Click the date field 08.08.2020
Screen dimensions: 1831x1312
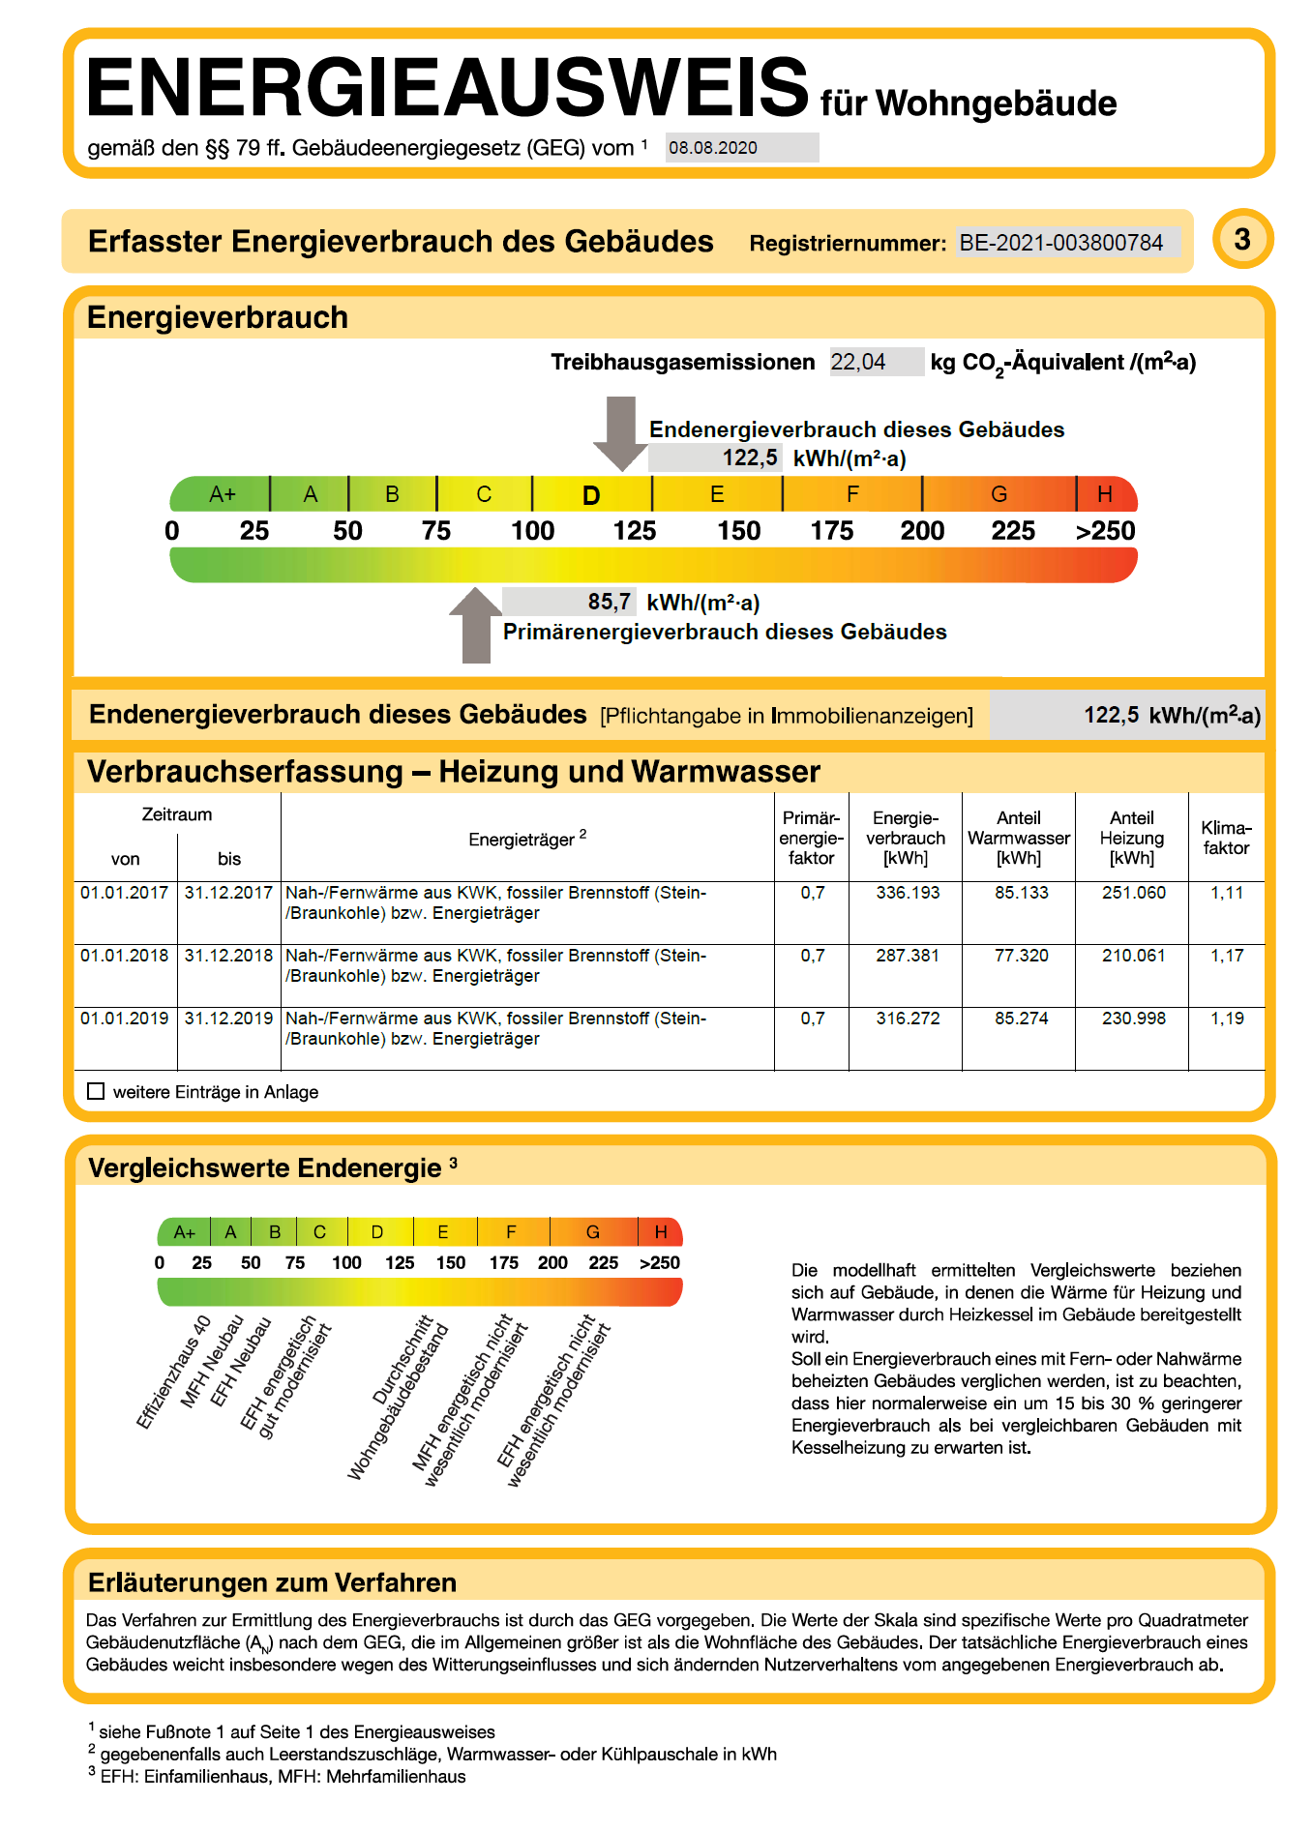(740, 148)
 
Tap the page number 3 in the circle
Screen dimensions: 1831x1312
(1242, 239)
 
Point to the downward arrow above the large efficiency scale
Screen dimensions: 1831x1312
(621, 431)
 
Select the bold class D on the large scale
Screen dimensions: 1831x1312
(591, 495)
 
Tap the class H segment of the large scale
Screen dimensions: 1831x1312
(1105, 494)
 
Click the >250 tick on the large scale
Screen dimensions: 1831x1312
(1105, 531)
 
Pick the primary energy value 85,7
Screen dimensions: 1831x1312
(610, 602)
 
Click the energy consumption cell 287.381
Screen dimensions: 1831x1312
(908, 956)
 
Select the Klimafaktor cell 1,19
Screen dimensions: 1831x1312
(1227, 1019)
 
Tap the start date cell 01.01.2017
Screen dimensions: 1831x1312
(125, 893)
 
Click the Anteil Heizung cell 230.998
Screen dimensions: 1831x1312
(1133, 1019)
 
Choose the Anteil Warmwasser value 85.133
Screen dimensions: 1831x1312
(1021, 893)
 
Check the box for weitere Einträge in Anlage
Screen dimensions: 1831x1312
(96, 1091)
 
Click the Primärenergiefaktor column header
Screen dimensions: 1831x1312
(811, 838)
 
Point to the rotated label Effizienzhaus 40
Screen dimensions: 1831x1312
(174, 1372)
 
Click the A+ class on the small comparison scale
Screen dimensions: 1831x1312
(184, 1232)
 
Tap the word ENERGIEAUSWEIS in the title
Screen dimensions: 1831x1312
(447, 88)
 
